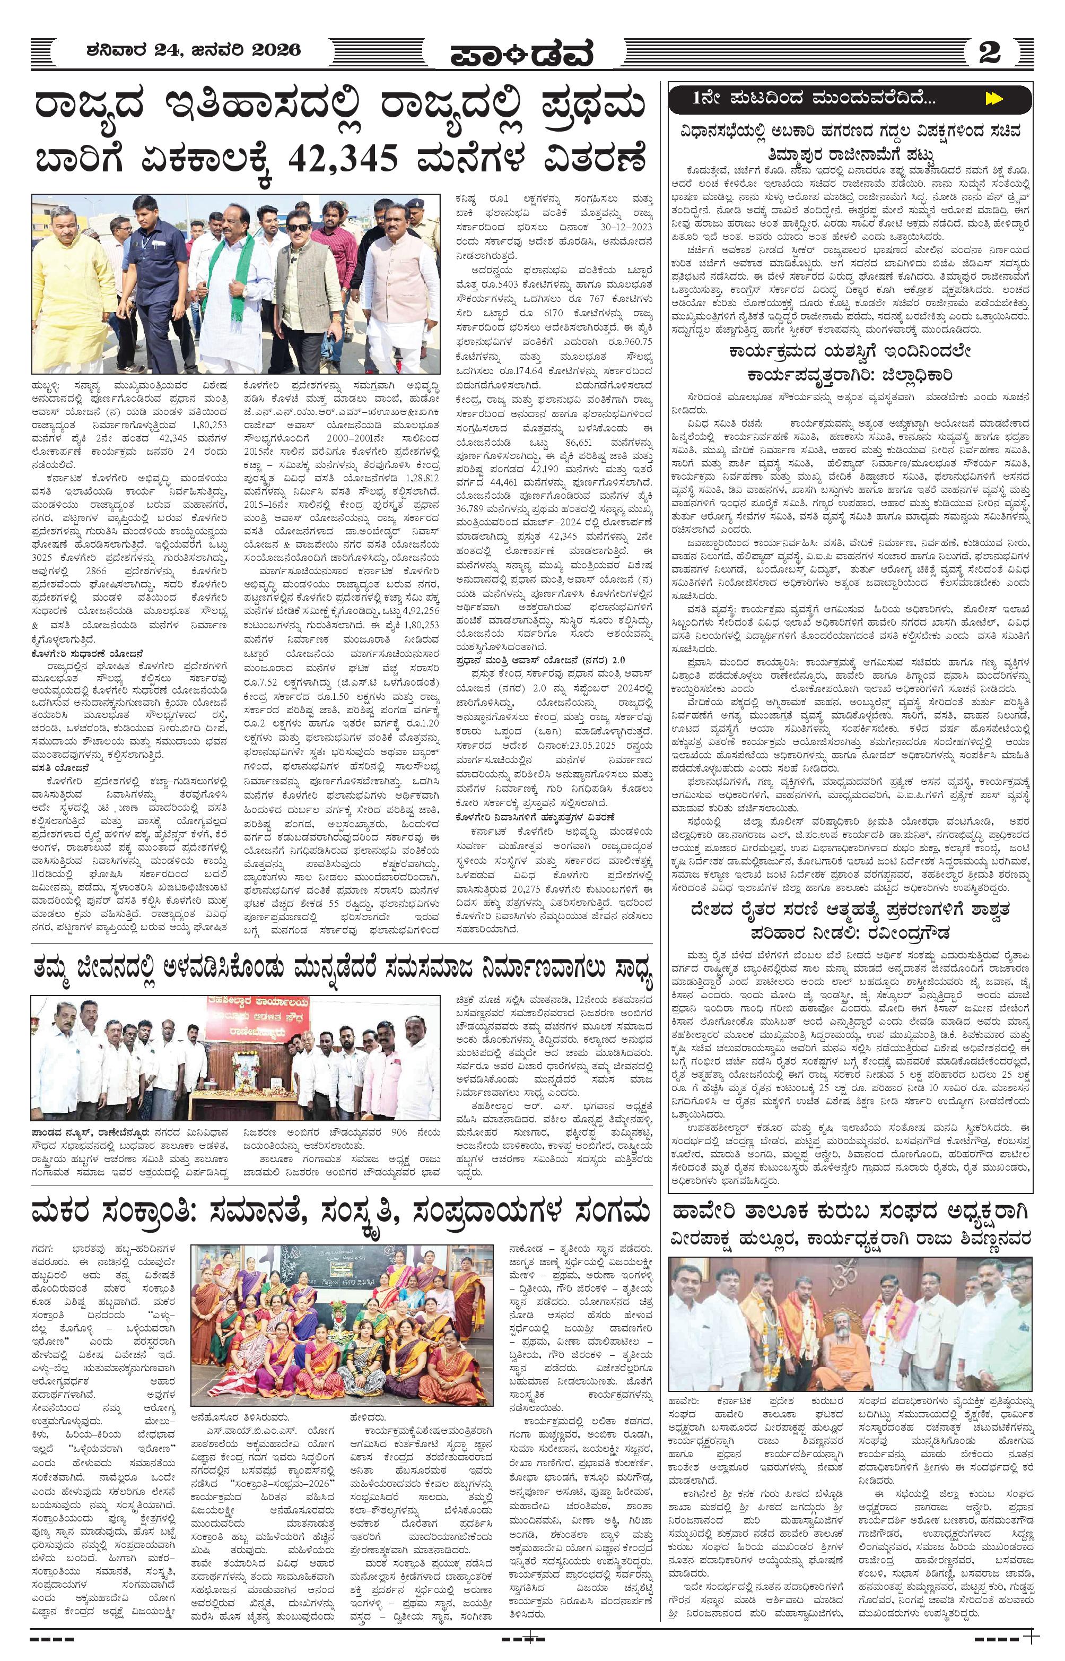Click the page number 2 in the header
pos(990,52)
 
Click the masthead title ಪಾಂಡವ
pos(521,55)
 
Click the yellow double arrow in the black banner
pos(994,99)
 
